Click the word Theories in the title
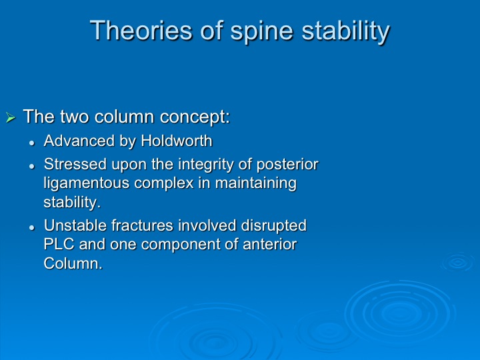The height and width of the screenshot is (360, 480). pos(141,30)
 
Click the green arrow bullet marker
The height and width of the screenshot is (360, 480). pos(11,117)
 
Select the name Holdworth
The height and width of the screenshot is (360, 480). pos(177,141)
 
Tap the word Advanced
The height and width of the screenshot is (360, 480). pos(79,141)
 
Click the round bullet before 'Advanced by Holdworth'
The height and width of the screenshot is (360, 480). pos(32,143)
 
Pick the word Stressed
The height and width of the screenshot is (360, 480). pos(75,164)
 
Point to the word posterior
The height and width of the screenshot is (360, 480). pos(287,165)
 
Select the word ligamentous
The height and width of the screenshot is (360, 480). pos(86,184)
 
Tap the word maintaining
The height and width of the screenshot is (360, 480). pos(256,184)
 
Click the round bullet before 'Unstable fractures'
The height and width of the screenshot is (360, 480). pos(32,227)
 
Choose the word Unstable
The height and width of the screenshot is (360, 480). pos(75,225)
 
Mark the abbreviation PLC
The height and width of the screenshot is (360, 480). pos(59,244)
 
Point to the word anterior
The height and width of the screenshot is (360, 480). pos(270,244)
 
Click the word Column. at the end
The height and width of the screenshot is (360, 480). pos(73,263)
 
